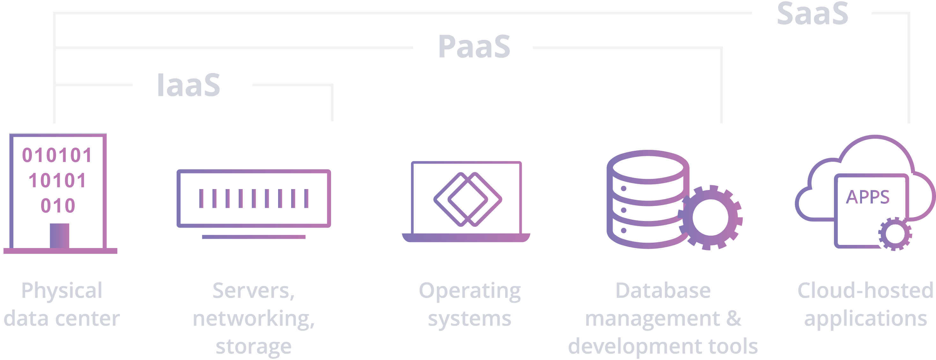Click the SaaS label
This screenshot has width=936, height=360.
pos(813,14)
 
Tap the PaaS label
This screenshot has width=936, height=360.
pos(474,47)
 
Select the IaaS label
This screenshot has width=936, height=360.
pos(188,85)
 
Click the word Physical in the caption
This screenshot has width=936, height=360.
pos(62,290)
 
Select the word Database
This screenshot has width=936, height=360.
pos(663,290)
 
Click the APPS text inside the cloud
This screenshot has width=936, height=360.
pos(868,197)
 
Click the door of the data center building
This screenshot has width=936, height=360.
pos(59,236)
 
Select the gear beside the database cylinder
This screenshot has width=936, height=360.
pos(710,217)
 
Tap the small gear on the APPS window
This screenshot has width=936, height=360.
pos(895,234)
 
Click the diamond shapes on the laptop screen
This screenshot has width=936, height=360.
pos(468,199)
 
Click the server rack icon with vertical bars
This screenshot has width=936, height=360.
pos(253,199)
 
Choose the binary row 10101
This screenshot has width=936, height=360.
pos(57,180)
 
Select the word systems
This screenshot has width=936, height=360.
pos(469,318)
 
